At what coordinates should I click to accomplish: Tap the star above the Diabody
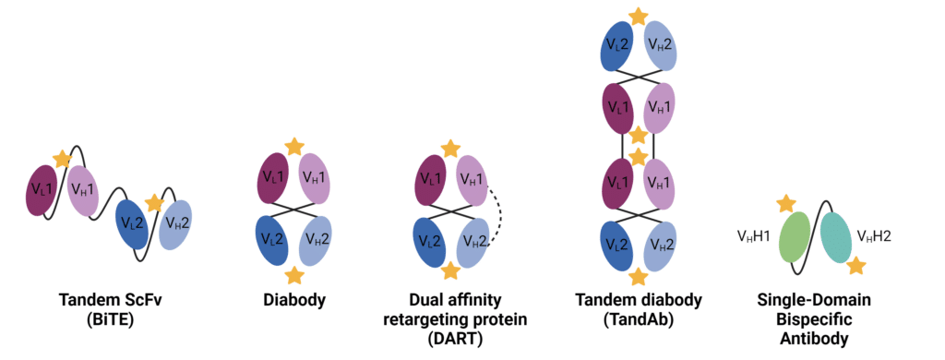pos(293,147)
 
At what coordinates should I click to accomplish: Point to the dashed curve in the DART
pos(493,211)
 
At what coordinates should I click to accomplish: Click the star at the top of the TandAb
pos(636,16)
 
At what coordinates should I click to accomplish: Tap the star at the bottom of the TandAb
pos(636,275)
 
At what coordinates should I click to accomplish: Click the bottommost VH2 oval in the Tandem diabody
pos(656,245)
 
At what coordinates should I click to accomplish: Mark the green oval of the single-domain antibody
pos(795,238)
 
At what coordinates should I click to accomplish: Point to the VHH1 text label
pos(755,237)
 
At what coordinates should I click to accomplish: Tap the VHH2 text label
pos(875,237)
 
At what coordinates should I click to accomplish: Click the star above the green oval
pos(786,203)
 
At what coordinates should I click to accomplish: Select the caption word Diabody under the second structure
pos(293,300)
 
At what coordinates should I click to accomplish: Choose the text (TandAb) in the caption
pos(636,318)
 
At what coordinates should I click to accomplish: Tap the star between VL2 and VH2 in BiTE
pos(155,200)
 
